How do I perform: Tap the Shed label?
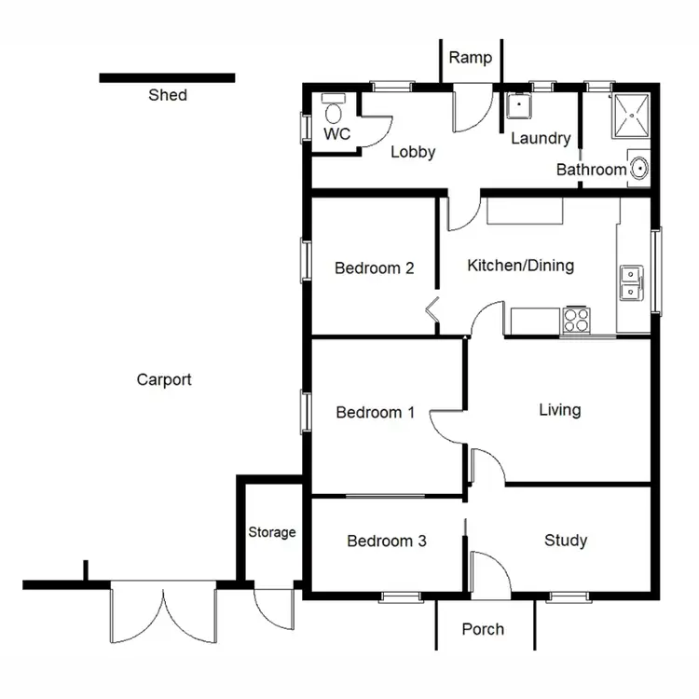[168, 95]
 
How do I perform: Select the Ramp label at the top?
[470, 58]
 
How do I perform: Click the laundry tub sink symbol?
[517, 105]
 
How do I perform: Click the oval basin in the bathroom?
[639, 169]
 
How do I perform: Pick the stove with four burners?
[575, 320]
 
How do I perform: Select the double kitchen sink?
[631, 282]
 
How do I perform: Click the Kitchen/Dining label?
[520, 266]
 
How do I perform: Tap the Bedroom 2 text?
[374, 268]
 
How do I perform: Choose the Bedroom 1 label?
[375, 412]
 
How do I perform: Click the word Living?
[559, 409]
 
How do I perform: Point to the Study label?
[566, 541]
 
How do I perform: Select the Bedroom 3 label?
[387, 541]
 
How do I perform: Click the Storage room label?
[272, 532]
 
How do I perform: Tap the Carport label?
[164, 379]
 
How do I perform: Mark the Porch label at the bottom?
[483, 629]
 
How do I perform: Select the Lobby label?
[413, 152]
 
